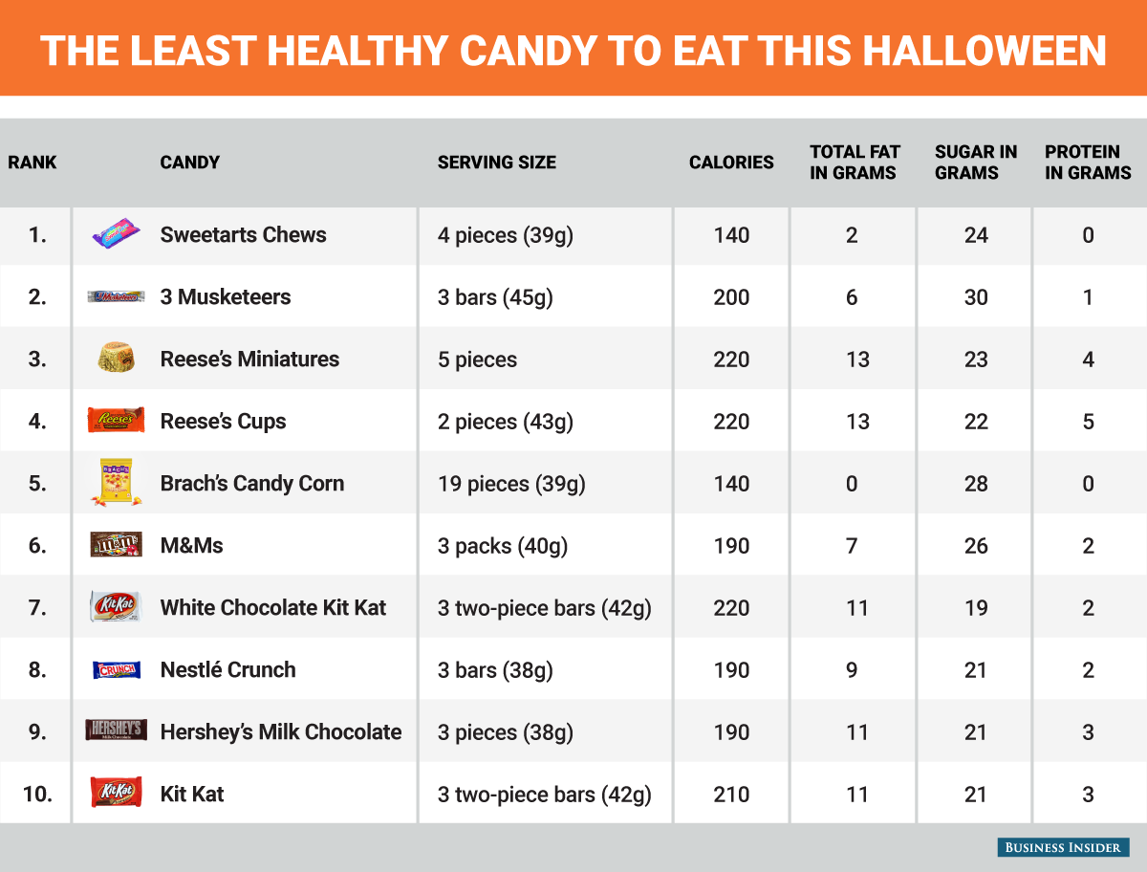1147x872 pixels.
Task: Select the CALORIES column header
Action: click(731, 163)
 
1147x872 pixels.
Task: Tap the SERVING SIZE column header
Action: click(496, 163)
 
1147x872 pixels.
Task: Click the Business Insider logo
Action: click(1063, 847)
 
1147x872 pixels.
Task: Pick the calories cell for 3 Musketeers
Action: click(731, 297)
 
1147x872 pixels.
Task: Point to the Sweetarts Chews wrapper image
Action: click(117, 234)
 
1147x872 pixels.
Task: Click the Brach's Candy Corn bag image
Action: click(116, 482)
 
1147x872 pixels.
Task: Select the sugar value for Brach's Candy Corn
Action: click(975, 484)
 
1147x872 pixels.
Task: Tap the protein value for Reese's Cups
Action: click(1088, 422)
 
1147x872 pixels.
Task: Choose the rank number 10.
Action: click(37, 795)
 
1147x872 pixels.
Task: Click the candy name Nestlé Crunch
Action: click(227, 670)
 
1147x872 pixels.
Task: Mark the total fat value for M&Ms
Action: click(852, 546)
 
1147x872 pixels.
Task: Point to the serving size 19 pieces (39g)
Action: click(511, 484)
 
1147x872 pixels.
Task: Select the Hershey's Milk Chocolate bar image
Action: click(116, 730)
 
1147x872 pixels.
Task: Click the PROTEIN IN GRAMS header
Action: click(1088, 163)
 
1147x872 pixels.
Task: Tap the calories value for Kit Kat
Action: click(731, 795)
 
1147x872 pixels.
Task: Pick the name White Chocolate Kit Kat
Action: click(273, 608)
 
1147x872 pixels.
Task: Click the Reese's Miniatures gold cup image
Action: click(116, 359)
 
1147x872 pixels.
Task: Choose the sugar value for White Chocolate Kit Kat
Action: click(975, 608)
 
